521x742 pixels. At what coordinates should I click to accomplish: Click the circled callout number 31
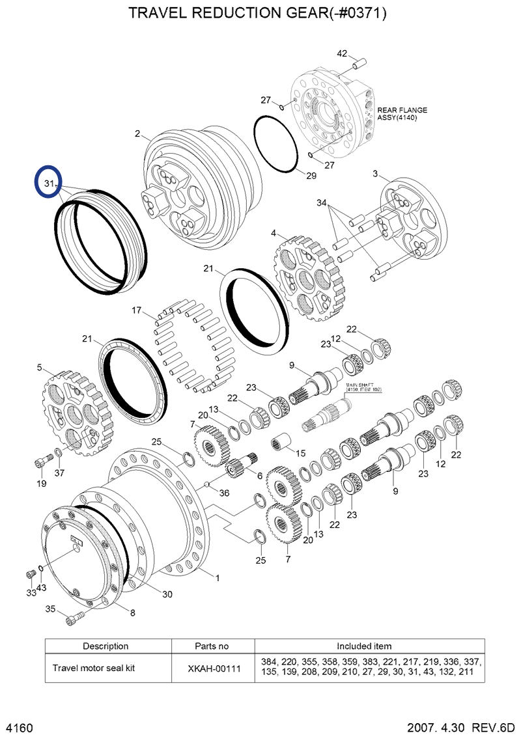[48, 184]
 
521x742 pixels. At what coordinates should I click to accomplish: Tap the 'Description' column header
[106, 646]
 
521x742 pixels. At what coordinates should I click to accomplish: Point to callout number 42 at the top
[343, 53]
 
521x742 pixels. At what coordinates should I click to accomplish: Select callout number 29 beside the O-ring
[311, 176]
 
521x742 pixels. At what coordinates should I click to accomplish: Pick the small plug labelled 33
[29, 574]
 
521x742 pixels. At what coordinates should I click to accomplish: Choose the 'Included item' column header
[364, 646]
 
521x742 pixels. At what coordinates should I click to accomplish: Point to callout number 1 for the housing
[217, 577]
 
